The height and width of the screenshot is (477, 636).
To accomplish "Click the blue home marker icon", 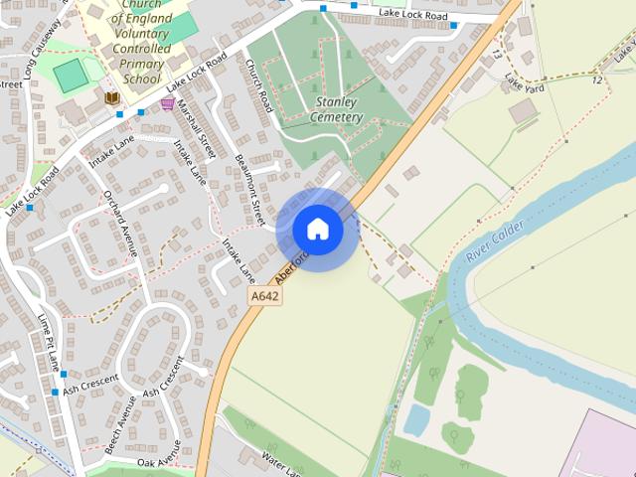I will [318, 230].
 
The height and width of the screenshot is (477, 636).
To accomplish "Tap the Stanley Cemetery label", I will [338, 109].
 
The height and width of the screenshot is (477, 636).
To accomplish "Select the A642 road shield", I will [264, 296].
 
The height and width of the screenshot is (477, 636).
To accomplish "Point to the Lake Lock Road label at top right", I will [413, 13].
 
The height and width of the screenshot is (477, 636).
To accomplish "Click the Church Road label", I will [258, 85].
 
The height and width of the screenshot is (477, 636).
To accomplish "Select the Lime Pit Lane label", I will [49, 341].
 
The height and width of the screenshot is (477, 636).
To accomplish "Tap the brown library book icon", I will [112, 97].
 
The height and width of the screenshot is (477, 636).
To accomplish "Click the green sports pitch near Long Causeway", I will [70, 76].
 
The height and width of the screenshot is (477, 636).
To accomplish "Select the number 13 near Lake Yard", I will [496, 56].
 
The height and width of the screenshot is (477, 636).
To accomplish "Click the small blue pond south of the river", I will [416, 420].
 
